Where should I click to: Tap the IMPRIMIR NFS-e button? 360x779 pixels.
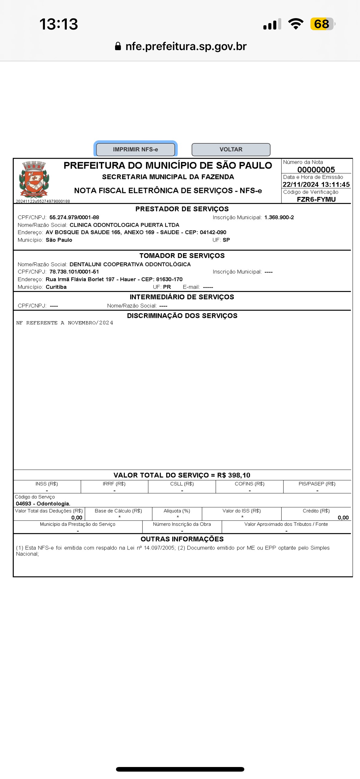click(x=135, y=150)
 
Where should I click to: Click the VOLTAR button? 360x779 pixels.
click(x=231, y=150)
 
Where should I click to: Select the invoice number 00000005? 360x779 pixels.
click(x=316, y=170)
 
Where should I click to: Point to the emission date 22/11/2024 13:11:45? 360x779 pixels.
click(x=316, y=185)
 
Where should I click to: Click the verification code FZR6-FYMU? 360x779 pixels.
click(x=316, y=199)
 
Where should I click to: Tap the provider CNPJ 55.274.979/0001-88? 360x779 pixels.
click(x=74, y=218)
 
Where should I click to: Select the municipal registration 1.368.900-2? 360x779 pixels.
click(x=279, y=218)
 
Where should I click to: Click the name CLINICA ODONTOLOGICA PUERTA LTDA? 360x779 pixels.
click(x=124, y=225)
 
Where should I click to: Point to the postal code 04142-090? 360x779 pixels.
click(x=213, y=232)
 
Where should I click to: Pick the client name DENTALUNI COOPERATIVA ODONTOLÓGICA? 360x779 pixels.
click(x=130, y=264)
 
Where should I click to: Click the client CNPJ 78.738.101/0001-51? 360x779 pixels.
click(x=74, y=272)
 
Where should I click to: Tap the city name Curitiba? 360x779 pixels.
click(x=56, y=287)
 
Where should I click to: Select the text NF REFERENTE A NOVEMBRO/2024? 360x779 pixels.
click(x=65, y=323)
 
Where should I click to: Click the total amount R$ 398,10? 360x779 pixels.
click(x=234, y=475)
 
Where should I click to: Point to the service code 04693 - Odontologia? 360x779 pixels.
click(x=43, y=504)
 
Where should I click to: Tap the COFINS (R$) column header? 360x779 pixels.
click(x=250, y=484)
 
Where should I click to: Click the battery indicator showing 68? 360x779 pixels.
click(x=322, y=24)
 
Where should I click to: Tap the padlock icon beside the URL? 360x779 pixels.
click(x=118, y=46)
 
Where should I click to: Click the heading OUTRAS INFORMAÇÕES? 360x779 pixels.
click(x=182, y=539)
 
